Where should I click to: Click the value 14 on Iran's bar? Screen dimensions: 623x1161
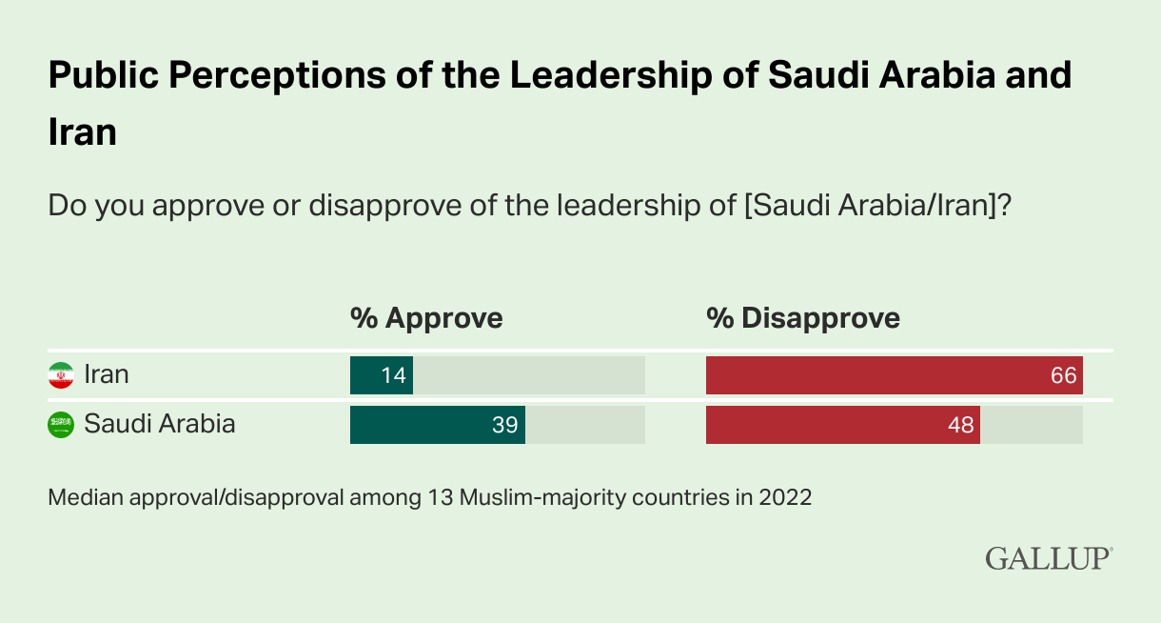tap(394, 375)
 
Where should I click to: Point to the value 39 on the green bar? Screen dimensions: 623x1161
tap(505, 425)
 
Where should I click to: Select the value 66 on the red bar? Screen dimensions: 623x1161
tap(1064, 375)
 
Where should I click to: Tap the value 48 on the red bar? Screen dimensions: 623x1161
tap(961, 425)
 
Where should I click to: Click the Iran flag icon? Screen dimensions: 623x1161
tap(61, 375)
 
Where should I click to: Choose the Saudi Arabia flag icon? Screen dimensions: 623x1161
tap(61, 425)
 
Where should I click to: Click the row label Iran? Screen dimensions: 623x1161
tap(107, 374)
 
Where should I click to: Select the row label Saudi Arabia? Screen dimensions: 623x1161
tap(160, 424)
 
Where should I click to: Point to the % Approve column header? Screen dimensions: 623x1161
tap(426, 318)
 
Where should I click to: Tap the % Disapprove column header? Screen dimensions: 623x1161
tap(803, 318)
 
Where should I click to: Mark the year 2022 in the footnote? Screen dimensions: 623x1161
tap(785, 497)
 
